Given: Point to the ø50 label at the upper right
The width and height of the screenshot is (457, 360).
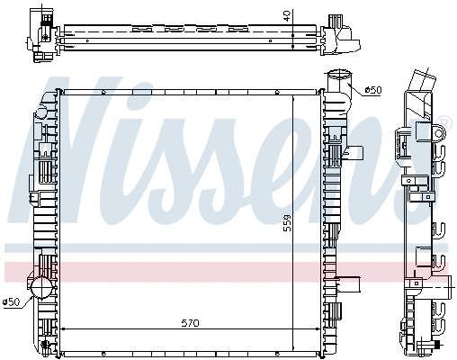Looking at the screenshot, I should pos(373,90).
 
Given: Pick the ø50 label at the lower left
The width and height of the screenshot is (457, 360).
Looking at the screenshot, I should pos(12,301).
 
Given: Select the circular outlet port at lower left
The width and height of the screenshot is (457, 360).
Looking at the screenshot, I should pos(41,287).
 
